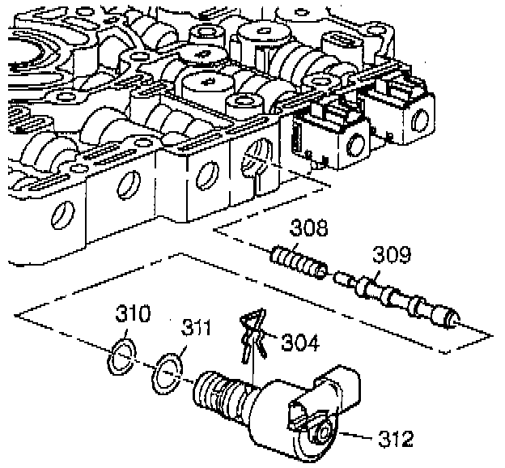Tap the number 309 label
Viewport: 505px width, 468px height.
[x=391, y=256]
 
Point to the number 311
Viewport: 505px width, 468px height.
[x=196, y=330]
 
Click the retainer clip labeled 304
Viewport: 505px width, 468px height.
[x=252, y=333]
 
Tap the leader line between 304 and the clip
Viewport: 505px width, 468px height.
[x=271, y=340]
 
